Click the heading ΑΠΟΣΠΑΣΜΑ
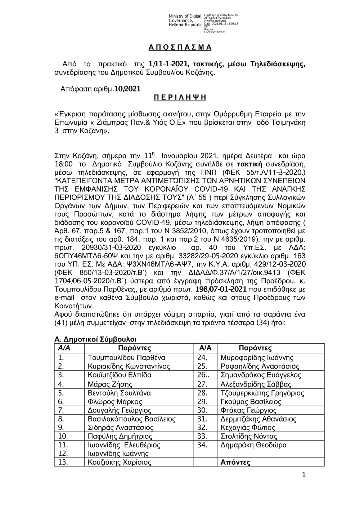pyautogui.click(x=180, y=48)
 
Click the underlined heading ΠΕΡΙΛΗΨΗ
pyautogui.click(x=180, y=97)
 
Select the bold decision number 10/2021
pyautogui.click(x=126, y=89)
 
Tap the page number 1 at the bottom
pyautogui.click(x=303, y=475)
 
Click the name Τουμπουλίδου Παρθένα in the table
pyautogui.click(x=126, y=358)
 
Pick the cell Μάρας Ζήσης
pyautogui.click(x=106, y=384)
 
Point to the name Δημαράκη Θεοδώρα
pyautogui.click(x=253, y=445)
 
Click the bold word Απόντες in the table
pyautogui.click(x=235, y=463)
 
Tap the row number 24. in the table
pyautogui.click(x=203, y=358)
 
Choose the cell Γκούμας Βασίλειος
pyautogui.click(x=251, y=401)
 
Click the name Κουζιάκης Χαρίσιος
pyautogui.click(x=120, y=463)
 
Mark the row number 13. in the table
pyautogui.click(x=63, y=463)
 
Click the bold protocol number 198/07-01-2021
pyautogui.click(x=221, y=289)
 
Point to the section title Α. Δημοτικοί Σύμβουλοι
pyautogui.click(x=95, y=339)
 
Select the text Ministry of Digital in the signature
pyautogui.click(x=185, y=16)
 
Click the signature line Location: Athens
pyautogui.click(x=215, y=32)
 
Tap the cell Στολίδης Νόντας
pyautogui.click(x=249, y=436)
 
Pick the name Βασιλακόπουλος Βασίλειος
pyautogui.click(x=132, y=419)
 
